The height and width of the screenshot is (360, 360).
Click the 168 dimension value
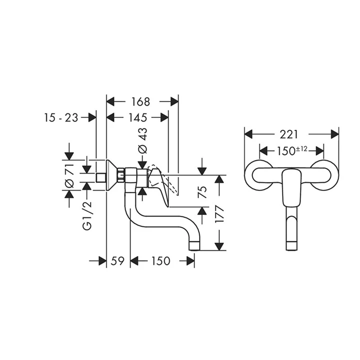(x=141, y=101)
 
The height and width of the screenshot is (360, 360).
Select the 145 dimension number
(x=137, y=118)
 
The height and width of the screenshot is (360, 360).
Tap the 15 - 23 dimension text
(x=61, y=118)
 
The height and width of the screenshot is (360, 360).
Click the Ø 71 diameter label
(x=70, y=176)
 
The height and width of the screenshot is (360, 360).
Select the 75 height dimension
(x=201, y=192)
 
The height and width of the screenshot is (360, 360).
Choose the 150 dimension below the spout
(x=159, y=261)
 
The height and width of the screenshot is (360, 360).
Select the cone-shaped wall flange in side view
(x=112, y=176)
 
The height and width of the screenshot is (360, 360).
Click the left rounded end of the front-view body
(x=255, y=176)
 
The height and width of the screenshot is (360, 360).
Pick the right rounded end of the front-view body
(x=327, y=176)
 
